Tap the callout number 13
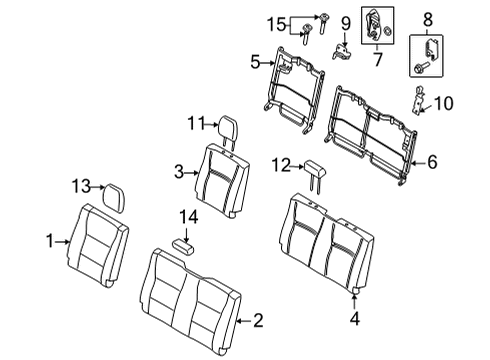[80, 186]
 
